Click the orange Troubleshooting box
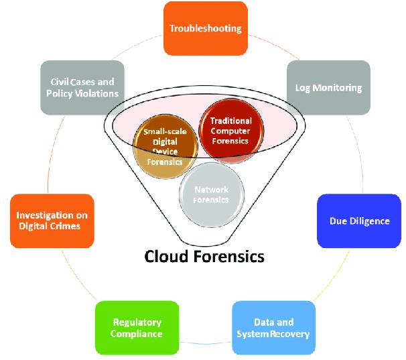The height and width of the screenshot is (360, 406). click(x=205, y=28)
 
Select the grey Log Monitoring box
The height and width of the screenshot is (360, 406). click(x=328, y=87)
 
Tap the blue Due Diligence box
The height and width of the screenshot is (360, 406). click(x=359, y=221)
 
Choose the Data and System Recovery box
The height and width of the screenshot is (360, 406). click(x=273, y=327)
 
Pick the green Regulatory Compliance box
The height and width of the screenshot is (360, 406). click(x=137, y=327)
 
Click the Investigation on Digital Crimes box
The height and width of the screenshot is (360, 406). click(x=52, y=221)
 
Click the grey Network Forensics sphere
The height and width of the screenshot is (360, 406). click(x=210, y=194)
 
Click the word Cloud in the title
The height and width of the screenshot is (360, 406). click(x=167, y=257)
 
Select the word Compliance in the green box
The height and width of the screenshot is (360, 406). click(x=137, y=333)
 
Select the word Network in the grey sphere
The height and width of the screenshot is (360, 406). click(x=211, y=190)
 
